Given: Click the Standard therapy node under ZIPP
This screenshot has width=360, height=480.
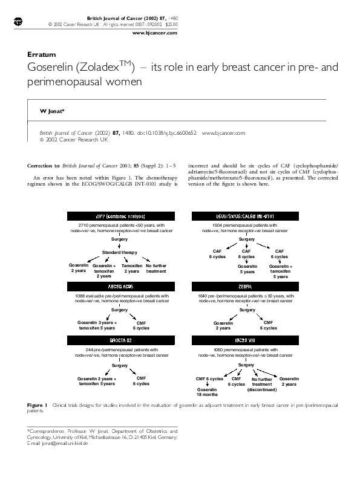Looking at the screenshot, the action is [x=120, y=251].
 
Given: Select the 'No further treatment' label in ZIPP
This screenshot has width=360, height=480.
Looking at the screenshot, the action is [x=156, y=268].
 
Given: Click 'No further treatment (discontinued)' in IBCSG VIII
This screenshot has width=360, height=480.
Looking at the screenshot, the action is [x=261, y=384].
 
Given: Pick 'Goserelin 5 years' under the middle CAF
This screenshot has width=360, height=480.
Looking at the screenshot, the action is [x=247, y=268].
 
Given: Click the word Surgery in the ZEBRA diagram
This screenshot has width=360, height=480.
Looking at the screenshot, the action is [x=247, y=310].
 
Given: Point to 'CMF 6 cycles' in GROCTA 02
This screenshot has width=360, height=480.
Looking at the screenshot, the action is [x=141, y=380].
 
